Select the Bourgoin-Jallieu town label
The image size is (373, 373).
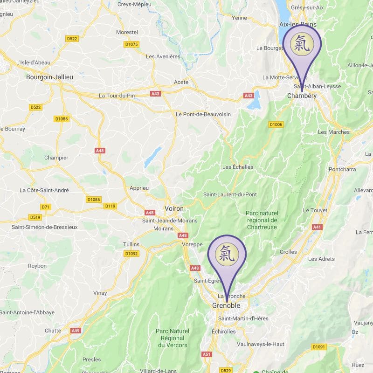(x=50, y=77)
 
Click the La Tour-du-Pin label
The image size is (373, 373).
(x=117, y=96)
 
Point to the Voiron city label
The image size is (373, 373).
(x=174, y=208)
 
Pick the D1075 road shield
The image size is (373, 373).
(x=132, y=44)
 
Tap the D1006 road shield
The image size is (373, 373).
(x=276, y=124)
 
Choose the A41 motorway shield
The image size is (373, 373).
(x=317, y=227)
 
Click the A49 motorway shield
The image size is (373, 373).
(x=76, y=331)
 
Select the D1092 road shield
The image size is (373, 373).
(x=131, y=254)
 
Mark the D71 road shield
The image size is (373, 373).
(x=46, y=207)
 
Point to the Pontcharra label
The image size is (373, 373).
(x=342, y=169)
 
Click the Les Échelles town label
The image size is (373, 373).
(x=238, y=167)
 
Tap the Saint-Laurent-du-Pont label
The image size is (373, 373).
(x=230, y=194)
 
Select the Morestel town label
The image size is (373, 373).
(x=127, y=33)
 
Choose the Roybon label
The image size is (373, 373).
(x=37, y=266)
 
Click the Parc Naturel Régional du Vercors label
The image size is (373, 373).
(x=173, y=338)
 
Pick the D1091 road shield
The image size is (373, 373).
(x=319, y=347)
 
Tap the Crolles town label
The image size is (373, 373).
(x=288, y=252)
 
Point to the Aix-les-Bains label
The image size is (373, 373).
(x=297, y=24)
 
